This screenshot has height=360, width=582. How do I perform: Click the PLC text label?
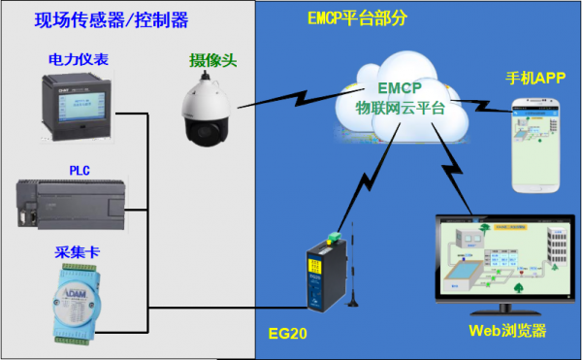(x=79, y=170)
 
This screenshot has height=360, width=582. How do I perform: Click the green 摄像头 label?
(x=212, y=60)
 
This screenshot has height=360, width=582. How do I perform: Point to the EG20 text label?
(x=287, y=333)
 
